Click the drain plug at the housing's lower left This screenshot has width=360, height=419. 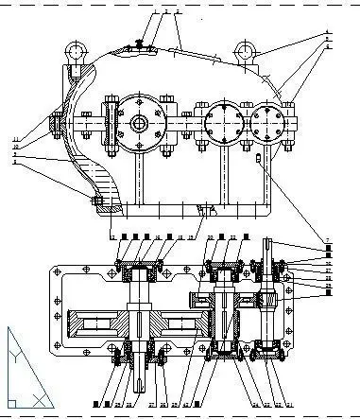(x=96, y=200)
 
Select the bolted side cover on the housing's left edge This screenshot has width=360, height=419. (x=56, y=124)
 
